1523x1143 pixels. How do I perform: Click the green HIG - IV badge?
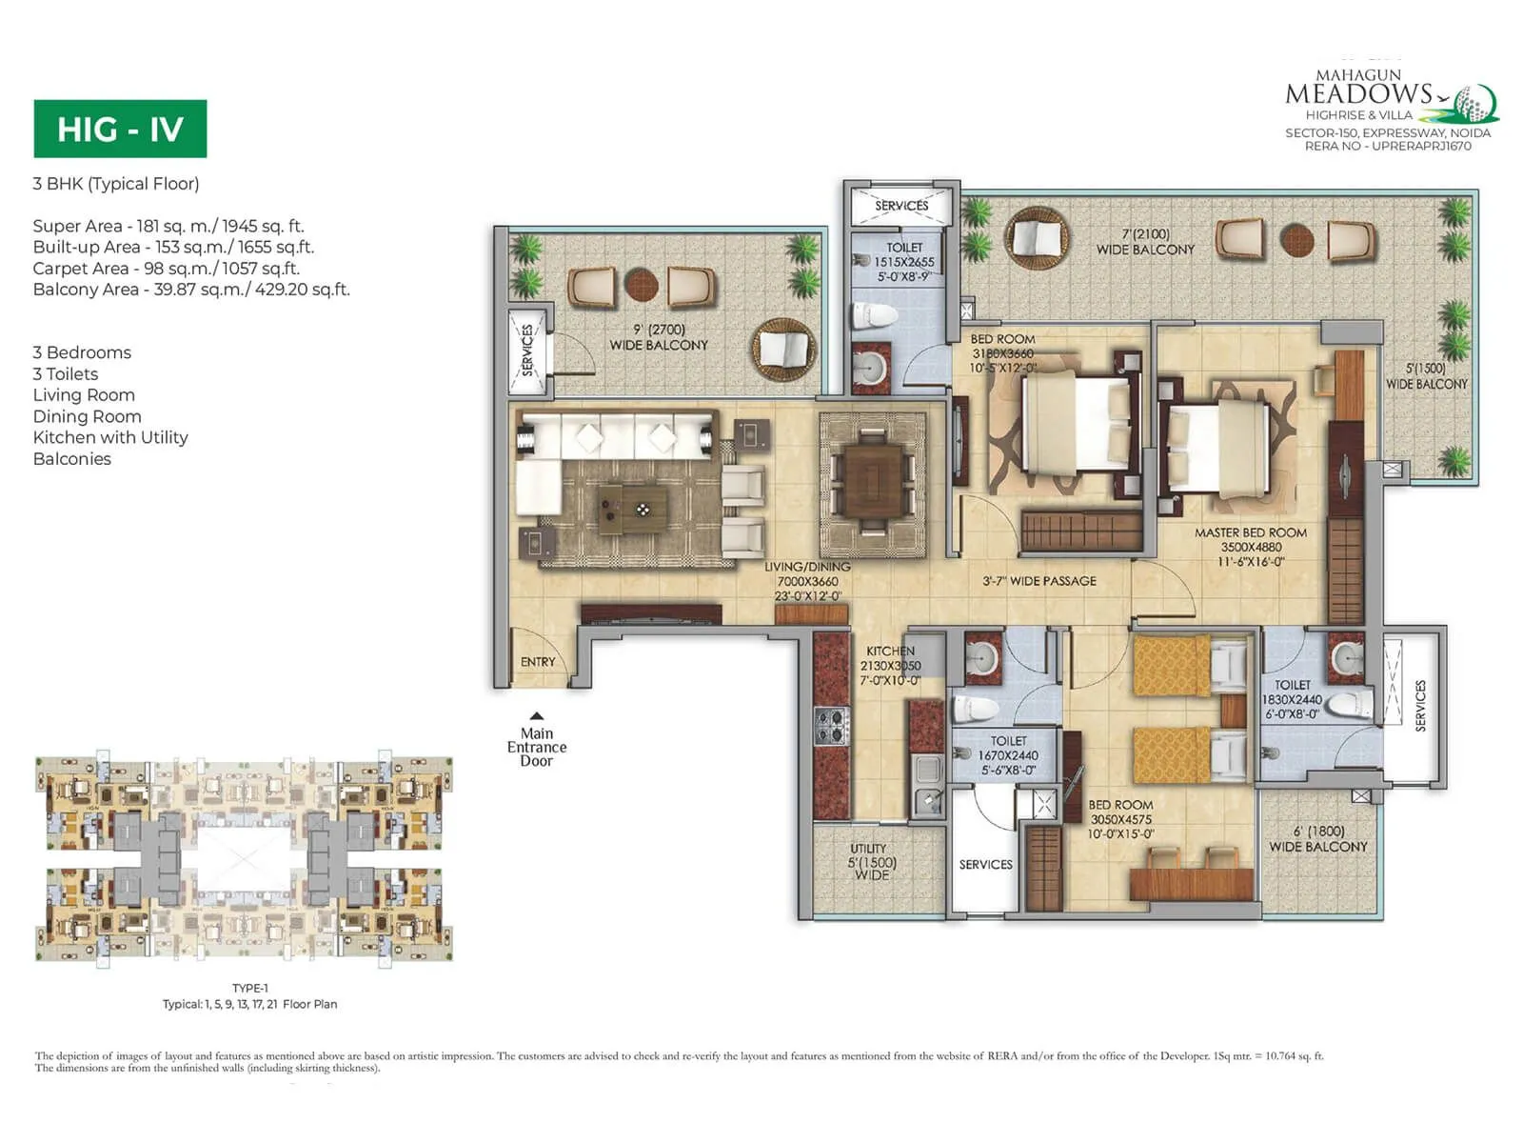pyautogui.click(x=120, y=129)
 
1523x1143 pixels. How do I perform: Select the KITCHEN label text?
pyautogui.click(x=890, y=652)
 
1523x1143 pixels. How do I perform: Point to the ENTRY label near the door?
pyautogui.click(x=538, y=662)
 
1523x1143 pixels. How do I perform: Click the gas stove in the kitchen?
pyautogui.click(x=831, y=726)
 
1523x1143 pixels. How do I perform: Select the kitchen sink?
pyautogui.click(x=928, y=770)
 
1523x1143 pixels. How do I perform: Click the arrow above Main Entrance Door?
pyautogui.click(x=537, y=716)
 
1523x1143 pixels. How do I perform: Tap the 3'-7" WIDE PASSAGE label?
pyautogui.click(x=1039, y=581)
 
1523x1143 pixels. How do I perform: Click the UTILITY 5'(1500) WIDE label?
pyautogui.click(x=871, y=861)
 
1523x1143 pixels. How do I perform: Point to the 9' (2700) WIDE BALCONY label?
pyautogui.click(x=659, y=337)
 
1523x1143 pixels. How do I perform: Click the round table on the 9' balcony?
pyautogui.click(x=642, y=284)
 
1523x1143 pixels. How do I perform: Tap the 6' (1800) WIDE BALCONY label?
pyautogui.click(x=1317, y=838)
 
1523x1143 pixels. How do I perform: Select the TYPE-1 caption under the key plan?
pyautogui.click(x=250, y=988)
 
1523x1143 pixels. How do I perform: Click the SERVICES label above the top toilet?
pyautogui.click(x=901, y=206)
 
